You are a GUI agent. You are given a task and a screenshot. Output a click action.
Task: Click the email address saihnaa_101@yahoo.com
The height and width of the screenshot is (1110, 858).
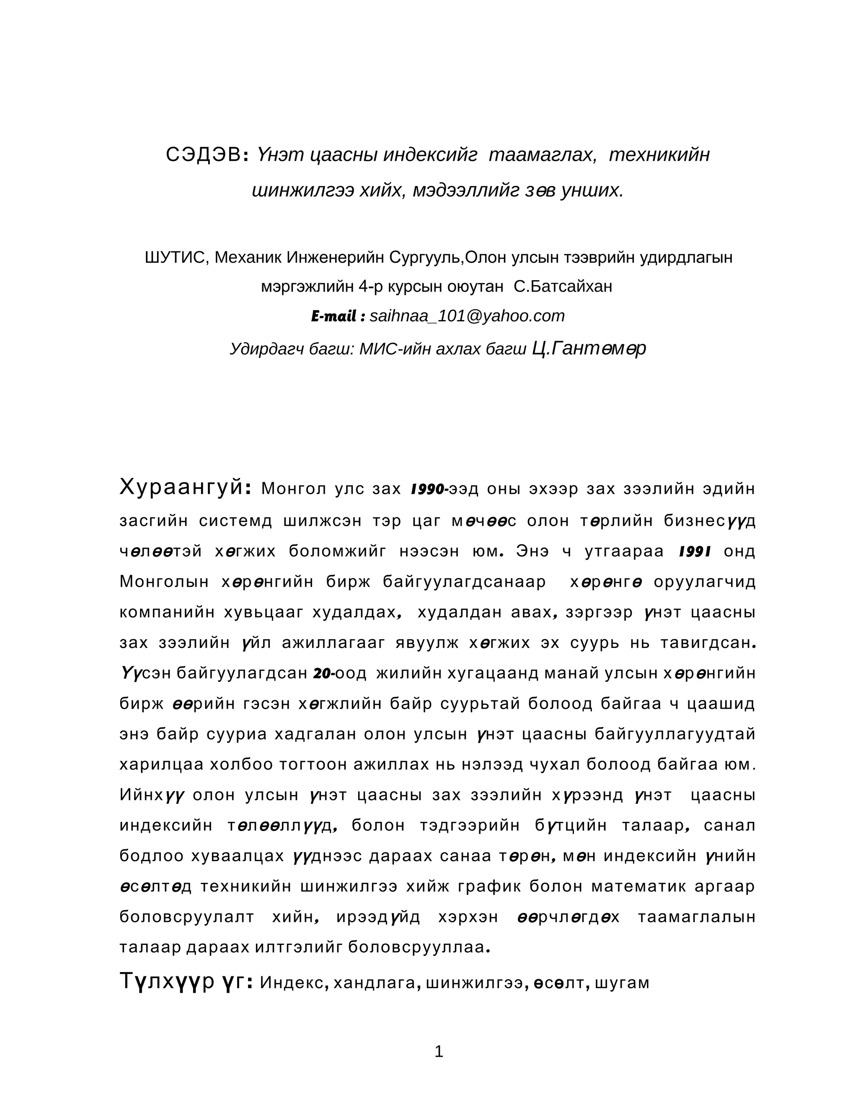[467, 316]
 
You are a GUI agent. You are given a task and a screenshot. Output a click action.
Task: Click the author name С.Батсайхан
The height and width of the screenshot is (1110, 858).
[563, 287]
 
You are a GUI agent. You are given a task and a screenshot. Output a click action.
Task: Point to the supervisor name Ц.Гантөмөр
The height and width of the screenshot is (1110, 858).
[589, 348]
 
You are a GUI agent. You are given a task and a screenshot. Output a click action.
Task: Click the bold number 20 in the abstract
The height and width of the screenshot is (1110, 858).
[322, 674]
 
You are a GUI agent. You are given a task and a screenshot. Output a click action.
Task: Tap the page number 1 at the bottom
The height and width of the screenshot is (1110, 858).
[439, 1051]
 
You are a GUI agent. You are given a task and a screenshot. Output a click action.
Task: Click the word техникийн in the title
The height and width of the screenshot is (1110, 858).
[659, 155]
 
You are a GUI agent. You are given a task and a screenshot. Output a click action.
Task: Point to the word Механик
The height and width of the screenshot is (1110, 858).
[248, 258]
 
